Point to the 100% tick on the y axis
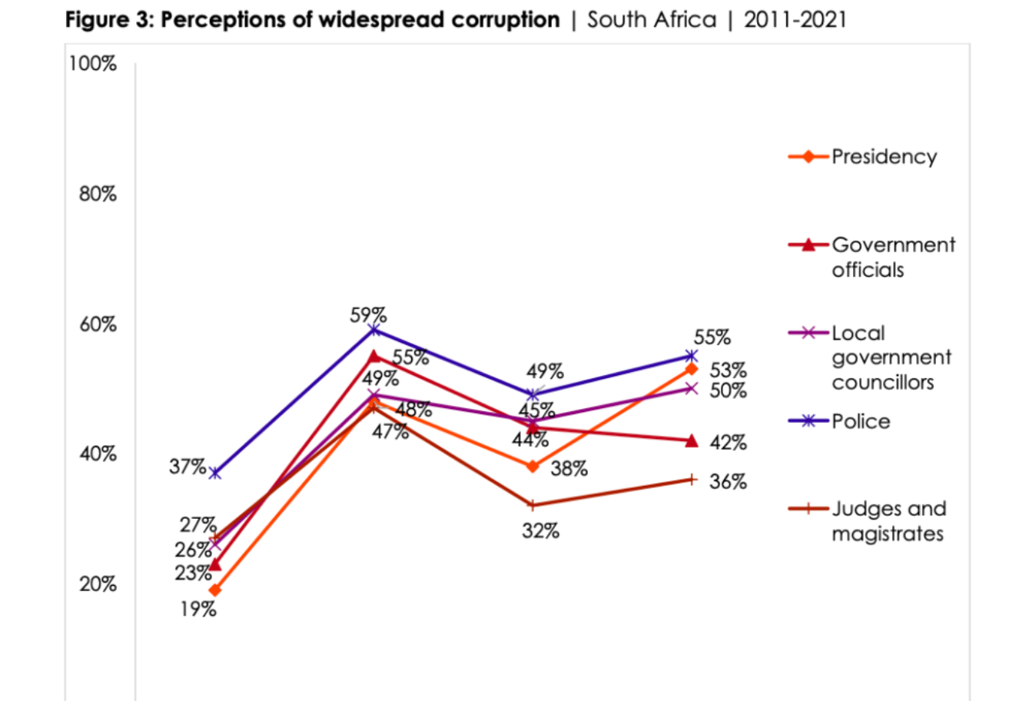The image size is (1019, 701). coord(93,64)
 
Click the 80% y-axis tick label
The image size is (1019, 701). coord(97,194)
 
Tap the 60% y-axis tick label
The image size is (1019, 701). coord(97,324)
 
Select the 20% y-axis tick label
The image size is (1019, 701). coord(97,584)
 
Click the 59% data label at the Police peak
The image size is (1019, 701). coord(368,315)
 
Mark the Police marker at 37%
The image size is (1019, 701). coord(215,473)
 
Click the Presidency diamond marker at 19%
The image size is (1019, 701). coord(215,590)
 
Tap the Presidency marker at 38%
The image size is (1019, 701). coord(533,467)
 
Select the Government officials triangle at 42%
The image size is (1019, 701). coord(692,440)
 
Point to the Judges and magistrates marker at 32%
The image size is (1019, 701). coord(533,506)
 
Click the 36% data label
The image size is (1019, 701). coord(727,482)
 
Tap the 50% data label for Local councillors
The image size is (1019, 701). coord(727,391)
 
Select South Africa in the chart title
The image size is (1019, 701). coord(651,20)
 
